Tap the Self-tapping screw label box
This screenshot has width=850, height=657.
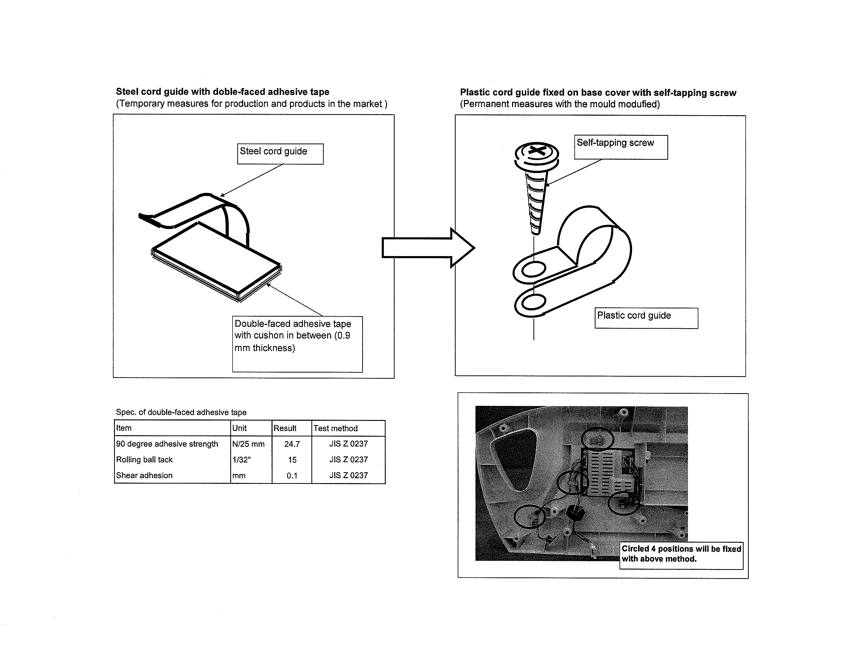620,147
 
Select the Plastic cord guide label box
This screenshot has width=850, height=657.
646,318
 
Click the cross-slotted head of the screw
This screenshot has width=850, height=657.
537,151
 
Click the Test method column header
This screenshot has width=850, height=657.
335,428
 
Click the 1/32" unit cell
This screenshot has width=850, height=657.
241,460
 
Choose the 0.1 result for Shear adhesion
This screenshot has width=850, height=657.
292,476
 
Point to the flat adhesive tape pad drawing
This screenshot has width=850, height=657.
216,261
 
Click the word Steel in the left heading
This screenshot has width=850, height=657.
127,92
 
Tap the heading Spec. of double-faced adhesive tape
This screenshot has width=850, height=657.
181,412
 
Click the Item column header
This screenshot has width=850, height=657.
124,428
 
